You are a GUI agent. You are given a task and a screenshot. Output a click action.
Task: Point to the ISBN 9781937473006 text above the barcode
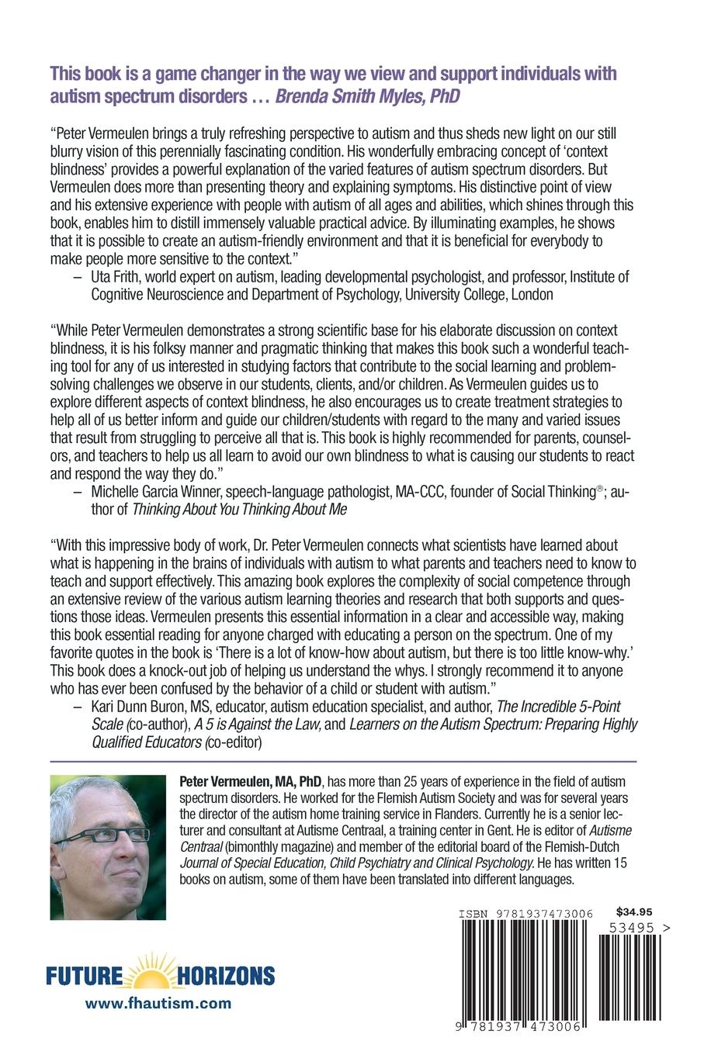pos(525,915)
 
